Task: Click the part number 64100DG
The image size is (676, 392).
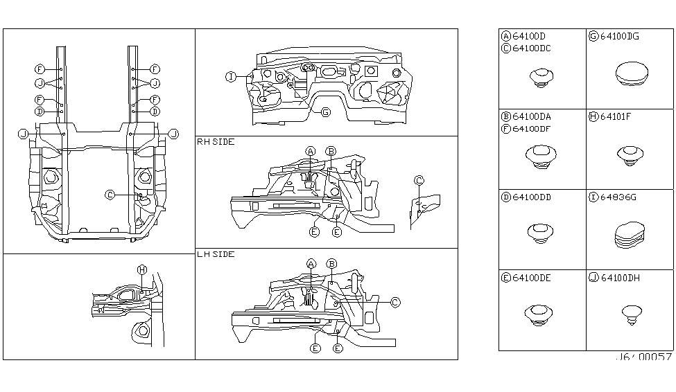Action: pyautogui.click(x=620, y=36)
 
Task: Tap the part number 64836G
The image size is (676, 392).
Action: pyautogui.click(x=618, y=197)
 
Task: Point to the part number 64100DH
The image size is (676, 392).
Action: pyautogui.click(x=620, y=278)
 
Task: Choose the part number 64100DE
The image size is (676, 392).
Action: pyautogui.click(x=532, y=278)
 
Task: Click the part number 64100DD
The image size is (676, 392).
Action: pyautogui.click(x=532, y=197)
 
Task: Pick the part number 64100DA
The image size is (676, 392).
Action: pyautogui.click(x=532, y=116)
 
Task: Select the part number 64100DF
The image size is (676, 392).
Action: pyautogui.click(x=532, y=128)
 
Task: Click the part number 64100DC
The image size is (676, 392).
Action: pyautogui.click(x=532, y=48)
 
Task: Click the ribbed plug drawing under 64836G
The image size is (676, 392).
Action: pyautogui.click(x=630, y=235)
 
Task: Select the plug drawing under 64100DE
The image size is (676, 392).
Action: pyautogui.click(x=539, y=314)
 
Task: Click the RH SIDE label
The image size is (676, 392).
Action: pyautogui.click(x=216, y=142)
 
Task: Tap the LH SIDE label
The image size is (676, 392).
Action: pyautogui.click(x=216, y=254)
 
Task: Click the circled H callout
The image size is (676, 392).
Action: pyautogui.click(x=142, y=269)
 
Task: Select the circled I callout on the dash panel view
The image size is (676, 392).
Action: pyautogui.click(x=231, y=77)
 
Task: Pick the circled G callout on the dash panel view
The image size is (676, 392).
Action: pyautogui.click(x=325, y=112)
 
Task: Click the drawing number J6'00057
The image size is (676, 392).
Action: pyautogui.click(x=643, y=357)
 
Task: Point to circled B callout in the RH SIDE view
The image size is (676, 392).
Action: pyautogui.click(x=331, y=151)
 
